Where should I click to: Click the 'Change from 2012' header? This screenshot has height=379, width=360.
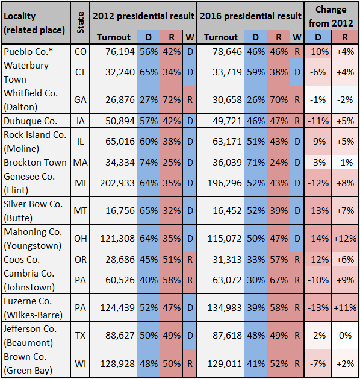point(331,16)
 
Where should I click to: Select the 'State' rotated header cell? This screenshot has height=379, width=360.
point(81,23)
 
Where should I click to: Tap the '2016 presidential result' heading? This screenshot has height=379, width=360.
point(250,16)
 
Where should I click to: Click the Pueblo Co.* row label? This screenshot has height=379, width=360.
point(28,51)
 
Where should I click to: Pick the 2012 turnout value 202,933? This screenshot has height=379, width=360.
point(117,183)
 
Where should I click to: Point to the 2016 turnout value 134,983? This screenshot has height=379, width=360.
point(225,308)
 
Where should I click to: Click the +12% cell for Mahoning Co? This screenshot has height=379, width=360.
point(345,239)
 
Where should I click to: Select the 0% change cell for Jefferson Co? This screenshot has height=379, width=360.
point(346,336)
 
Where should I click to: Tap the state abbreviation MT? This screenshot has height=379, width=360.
point(81,211)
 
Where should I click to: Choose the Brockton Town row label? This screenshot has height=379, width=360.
point(36,163)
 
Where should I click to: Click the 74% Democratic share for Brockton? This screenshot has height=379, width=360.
point(149,163)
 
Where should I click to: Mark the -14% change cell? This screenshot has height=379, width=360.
point(318,239)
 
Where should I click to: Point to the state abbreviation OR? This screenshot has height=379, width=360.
point(81,260)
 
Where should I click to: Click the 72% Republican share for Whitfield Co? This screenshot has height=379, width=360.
point(172,100)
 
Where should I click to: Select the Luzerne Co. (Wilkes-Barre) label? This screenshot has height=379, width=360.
point(33,308)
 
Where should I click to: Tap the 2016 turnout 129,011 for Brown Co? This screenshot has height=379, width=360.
point(225,363)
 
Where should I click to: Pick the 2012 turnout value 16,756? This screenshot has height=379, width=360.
point(120,211)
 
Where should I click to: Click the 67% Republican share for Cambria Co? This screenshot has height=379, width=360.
point(279,280)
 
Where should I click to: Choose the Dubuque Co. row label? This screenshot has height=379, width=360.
point(31,121)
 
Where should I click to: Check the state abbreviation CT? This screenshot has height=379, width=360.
point(81,72)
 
